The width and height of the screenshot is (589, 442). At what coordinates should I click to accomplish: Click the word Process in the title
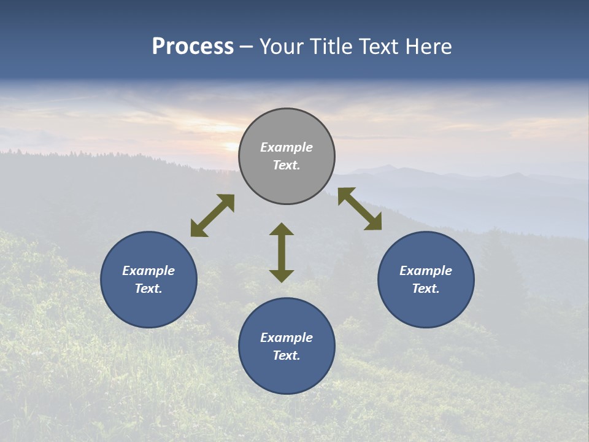coord(193,47)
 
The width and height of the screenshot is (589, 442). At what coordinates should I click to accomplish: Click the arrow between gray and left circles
coord(212,215)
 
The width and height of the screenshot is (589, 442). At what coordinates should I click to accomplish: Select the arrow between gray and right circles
coord(360,209)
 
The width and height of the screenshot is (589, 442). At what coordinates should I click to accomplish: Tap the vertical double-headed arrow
coord(282,252)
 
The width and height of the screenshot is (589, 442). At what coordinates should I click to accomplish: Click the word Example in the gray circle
coord(287,147)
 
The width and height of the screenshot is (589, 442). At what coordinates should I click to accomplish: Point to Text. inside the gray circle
coord(287,165)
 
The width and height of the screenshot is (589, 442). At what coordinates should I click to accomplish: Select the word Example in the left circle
coord(148,271)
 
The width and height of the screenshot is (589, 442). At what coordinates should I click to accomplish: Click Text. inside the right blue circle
coord(426,289)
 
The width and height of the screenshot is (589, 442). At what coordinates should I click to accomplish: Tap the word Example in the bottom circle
coord(287,338)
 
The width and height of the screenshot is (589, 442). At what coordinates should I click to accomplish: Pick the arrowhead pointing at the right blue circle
coord(374,223)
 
